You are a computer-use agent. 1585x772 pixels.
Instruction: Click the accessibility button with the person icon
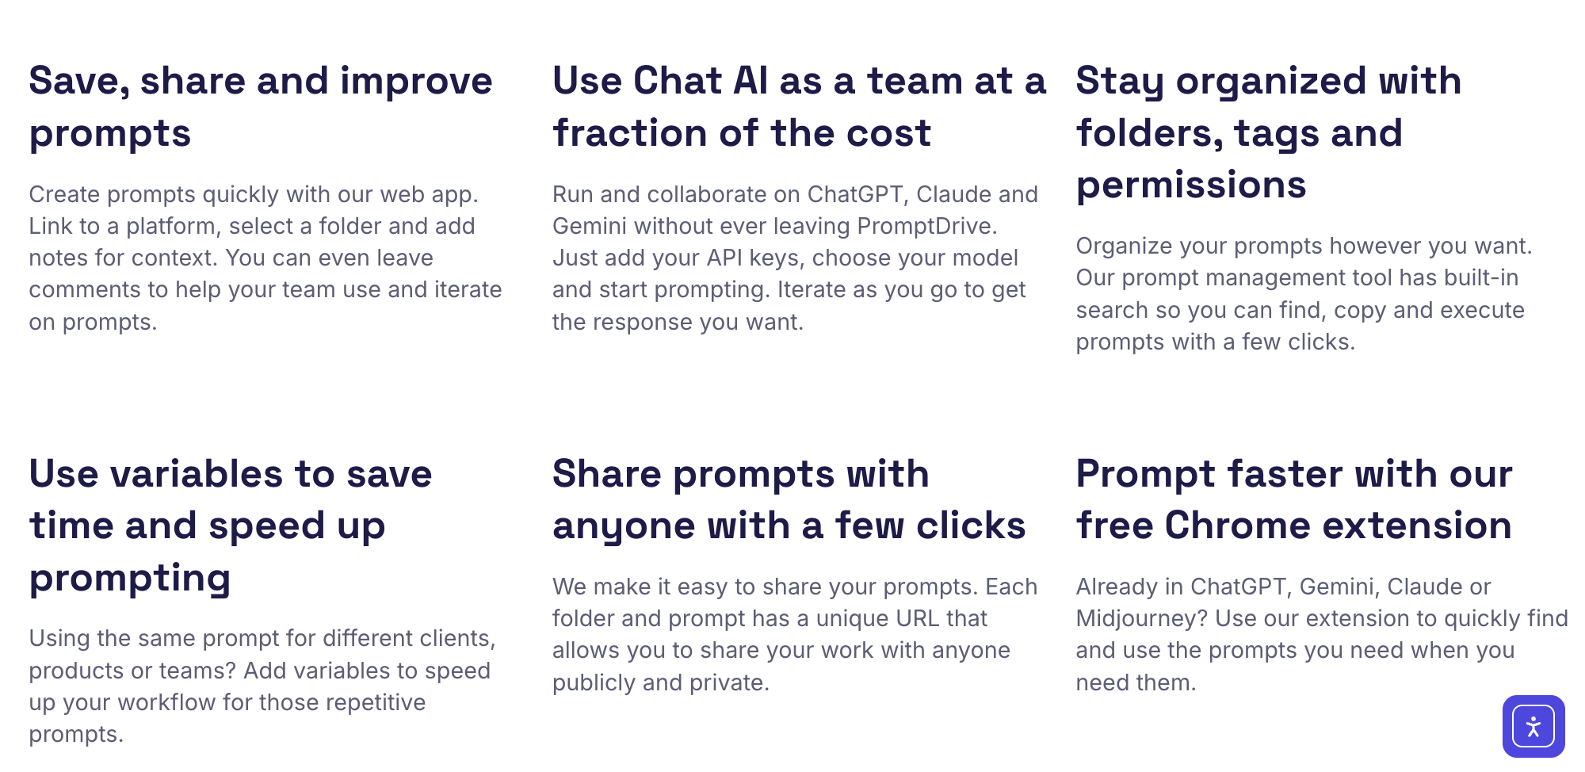tap(1533, 726)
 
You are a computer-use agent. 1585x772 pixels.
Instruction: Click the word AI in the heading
tap(750, 81)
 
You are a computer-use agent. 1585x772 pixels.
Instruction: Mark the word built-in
tap(1481, 277)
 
